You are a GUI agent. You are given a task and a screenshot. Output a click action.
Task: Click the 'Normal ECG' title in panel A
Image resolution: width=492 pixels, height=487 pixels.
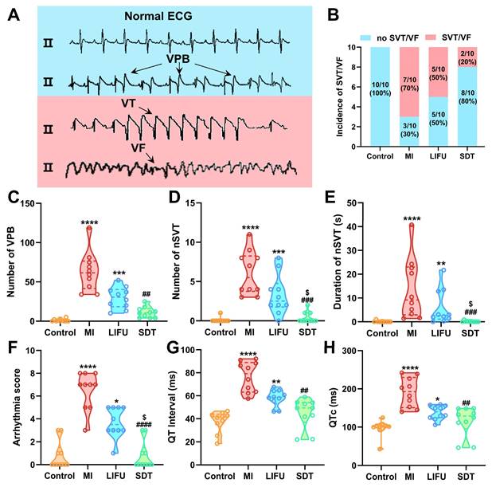pos(156,16)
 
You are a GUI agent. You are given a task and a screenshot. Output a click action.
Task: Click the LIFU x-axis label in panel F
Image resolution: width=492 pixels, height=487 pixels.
pos(118,477)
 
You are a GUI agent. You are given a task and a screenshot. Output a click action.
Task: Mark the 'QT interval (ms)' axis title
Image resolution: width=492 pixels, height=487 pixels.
pos(174,406)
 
